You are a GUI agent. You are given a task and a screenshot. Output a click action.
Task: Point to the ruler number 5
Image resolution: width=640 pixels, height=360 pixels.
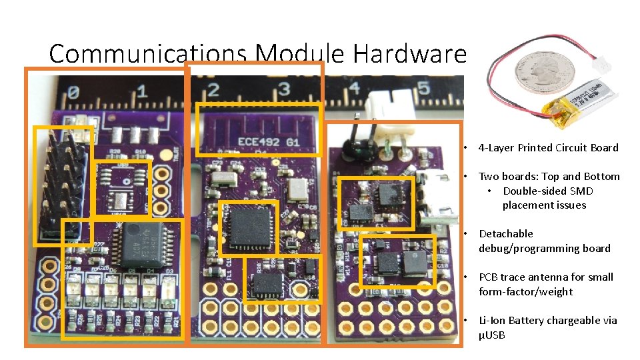coord(423,89)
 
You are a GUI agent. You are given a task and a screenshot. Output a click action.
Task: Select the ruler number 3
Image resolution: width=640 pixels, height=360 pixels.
coord(283,89)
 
